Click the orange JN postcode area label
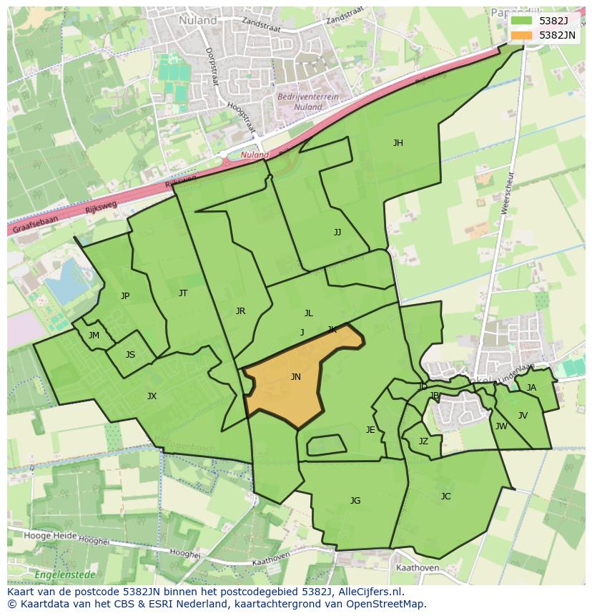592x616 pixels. [296, 377]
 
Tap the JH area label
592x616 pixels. [398, 143]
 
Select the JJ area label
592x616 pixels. [337, 233]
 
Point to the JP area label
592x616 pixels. [125, 296]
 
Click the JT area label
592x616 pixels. [183, 293]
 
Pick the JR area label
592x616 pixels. [240, 311]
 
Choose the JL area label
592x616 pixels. [309, 313]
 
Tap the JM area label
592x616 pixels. [94, 336]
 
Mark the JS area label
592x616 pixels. [130, 355]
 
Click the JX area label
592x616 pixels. [152, 396]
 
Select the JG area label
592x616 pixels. [355, 501]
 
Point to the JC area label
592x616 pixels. [446, 497]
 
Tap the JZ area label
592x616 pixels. [423, 441]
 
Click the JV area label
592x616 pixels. [523, 416]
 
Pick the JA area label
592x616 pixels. [531, 388]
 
